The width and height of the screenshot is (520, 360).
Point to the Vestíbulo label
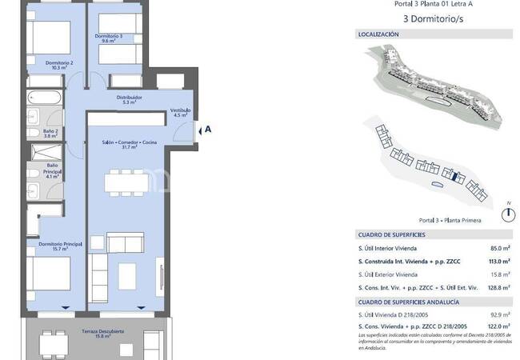pos(179,113)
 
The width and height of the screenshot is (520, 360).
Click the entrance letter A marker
pos(208,128)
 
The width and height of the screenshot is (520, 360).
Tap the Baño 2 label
pos(50,134)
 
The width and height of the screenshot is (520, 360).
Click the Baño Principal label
pos(51,170)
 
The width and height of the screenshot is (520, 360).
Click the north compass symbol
pos(506,214)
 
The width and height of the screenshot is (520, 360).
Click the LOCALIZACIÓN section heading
pos(378,34)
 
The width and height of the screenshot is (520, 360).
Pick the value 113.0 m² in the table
pos(499,261)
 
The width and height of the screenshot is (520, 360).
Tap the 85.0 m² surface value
pos(500,248)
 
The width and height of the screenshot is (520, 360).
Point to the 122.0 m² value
pos(499,326)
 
